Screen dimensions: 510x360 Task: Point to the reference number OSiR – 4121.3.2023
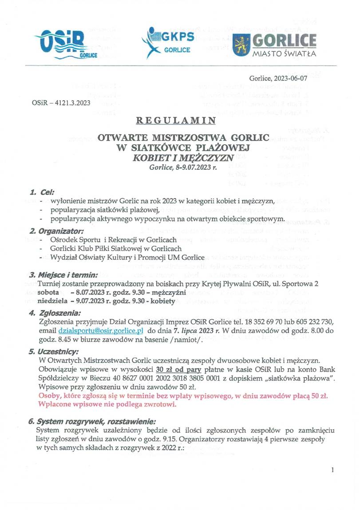(61, 103)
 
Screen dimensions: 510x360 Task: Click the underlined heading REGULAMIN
(176, 120)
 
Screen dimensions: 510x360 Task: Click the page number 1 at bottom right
(332, 470)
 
